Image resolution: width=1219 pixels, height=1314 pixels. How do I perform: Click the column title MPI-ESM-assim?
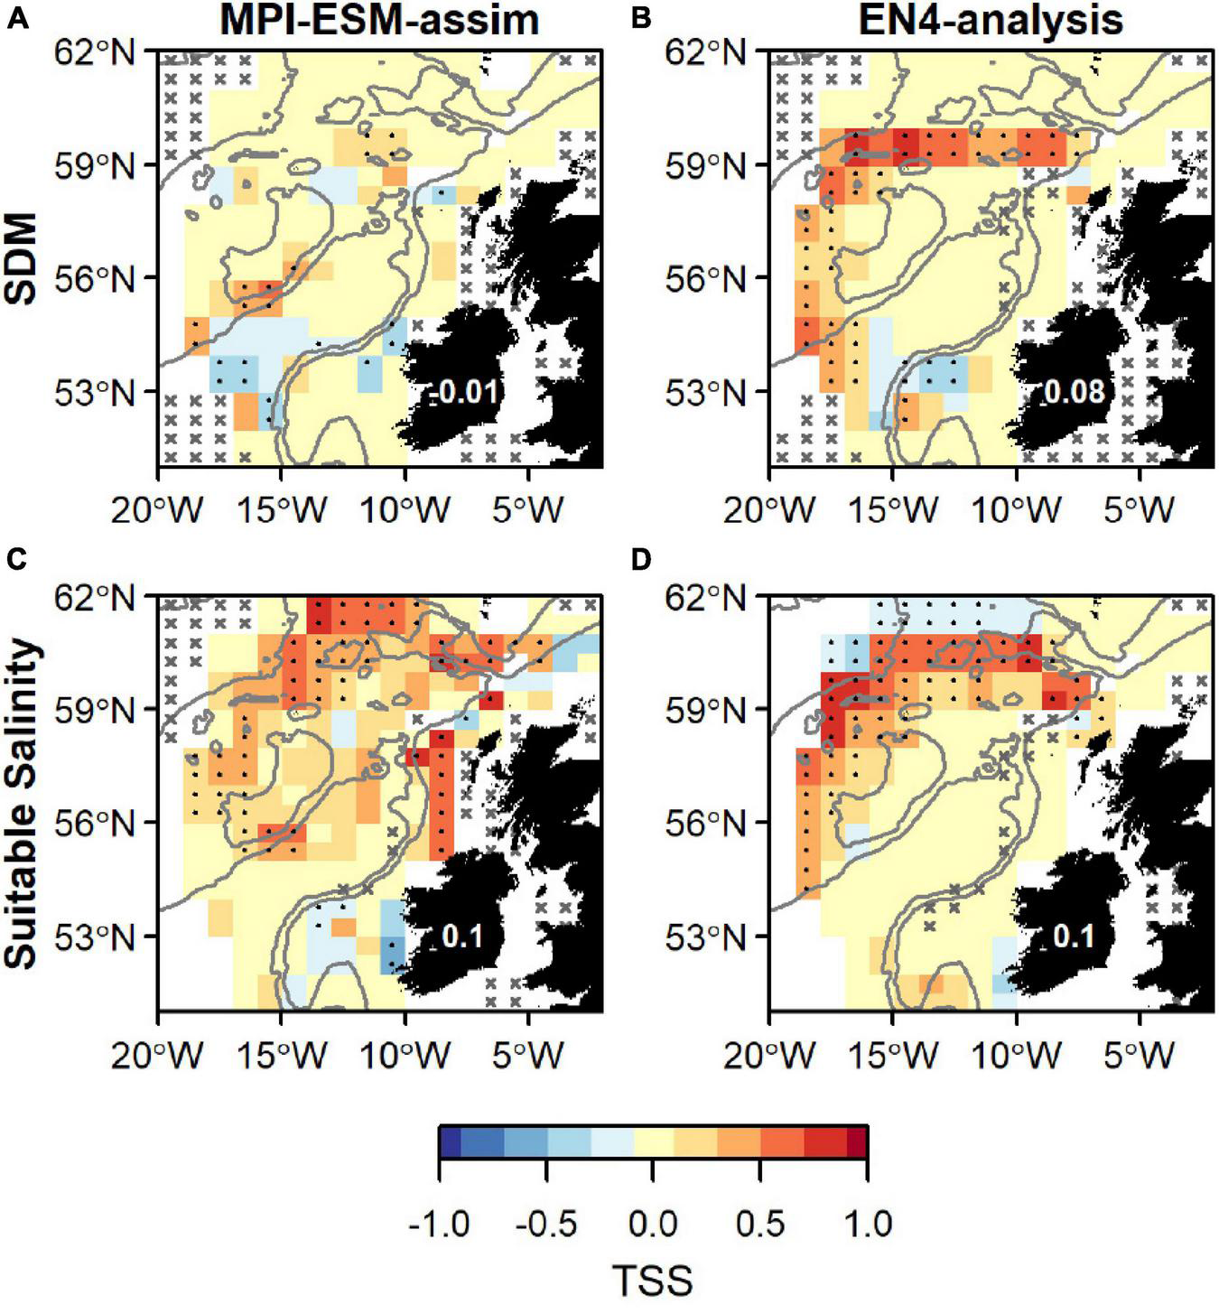[x=379, y=20]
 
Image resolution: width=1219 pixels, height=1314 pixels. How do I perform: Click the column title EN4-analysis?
[x=990, y=20]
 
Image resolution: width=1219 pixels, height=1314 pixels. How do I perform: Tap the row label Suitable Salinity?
[x=23, y=804]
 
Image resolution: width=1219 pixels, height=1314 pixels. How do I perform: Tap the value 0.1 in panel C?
[x=461, y=937]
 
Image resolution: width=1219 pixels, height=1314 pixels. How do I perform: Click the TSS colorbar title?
[x=652, y=1281]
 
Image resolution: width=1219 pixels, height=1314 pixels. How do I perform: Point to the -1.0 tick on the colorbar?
[x=439, y=1225]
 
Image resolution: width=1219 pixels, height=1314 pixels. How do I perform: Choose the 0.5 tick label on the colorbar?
[x=759, y=1225]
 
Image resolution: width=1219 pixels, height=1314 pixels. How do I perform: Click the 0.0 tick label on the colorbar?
[x=652, y=1225]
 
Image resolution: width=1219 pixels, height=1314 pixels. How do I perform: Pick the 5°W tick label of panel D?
[x=1139, y=1054]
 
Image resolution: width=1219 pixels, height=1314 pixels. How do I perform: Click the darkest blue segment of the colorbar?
[x=450, y=1142]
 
